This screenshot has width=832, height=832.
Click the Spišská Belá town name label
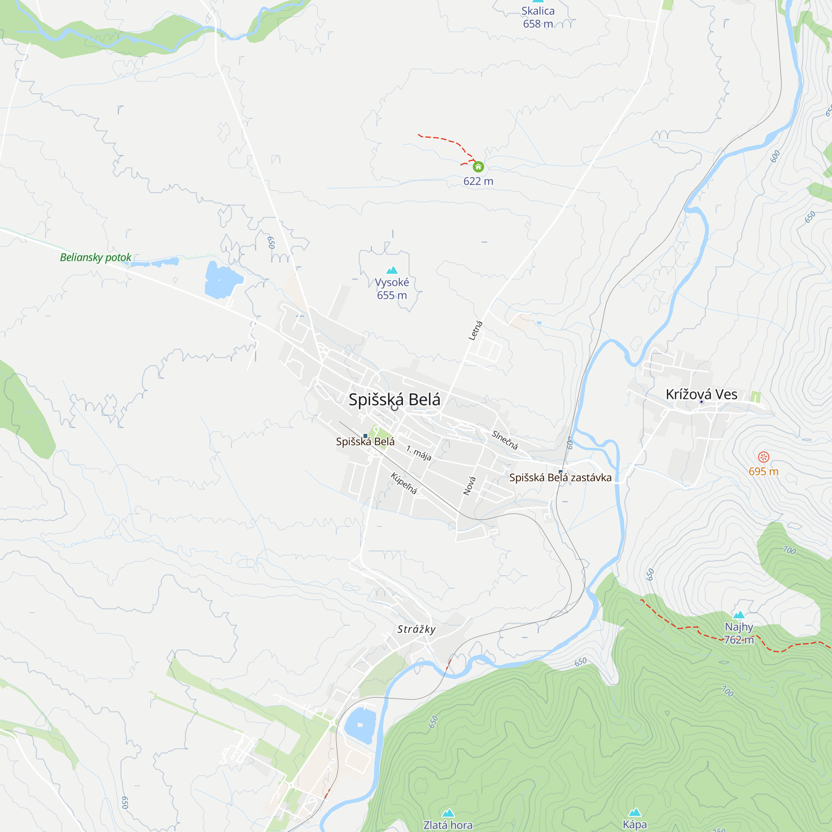tap(394, 400)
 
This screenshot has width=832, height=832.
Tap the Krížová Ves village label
tap(701, 394)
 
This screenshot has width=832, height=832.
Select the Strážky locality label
tap(416, 629)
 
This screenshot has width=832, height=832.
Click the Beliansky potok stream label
tap(96, 258)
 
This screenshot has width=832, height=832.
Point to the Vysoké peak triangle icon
tap(392, 270)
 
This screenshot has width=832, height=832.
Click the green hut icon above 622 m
tap(478, 167)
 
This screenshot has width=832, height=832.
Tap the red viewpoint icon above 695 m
tap(763, 457)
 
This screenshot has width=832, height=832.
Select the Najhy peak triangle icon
tap(739, 614)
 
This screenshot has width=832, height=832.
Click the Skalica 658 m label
tap(538, 17)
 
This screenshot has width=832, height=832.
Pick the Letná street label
tap(475, 331)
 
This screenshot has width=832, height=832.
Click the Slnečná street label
tap(505, 440)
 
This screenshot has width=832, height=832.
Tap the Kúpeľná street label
tap(404, 483)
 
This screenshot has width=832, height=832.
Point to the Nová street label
tap(469, 486)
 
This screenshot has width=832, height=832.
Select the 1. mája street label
tap(418, 453)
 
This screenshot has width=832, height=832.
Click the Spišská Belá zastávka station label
tap(560, 478)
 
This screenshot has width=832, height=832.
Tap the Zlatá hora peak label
tap(448, 825)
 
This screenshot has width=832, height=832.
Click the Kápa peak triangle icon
tap(635, 812)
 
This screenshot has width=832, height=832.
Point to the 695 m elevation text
tap(763, 472)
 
